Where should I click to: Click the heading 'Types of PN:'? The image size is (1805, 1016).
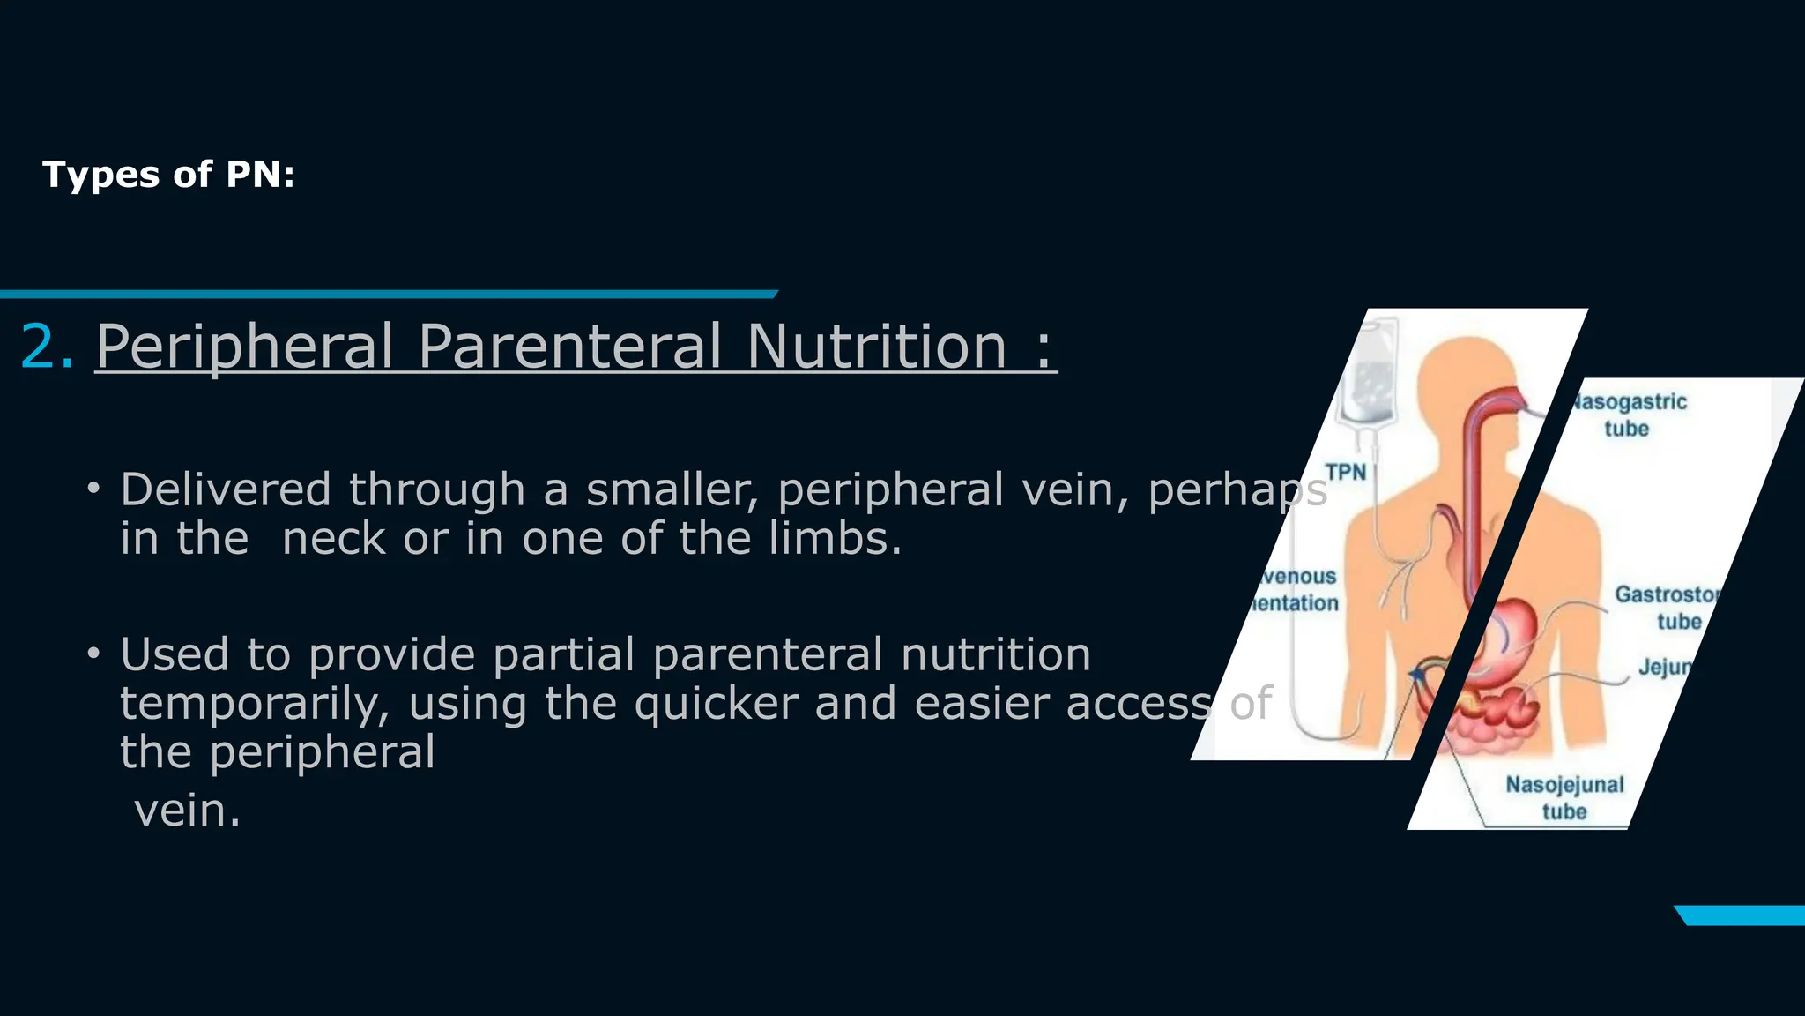(x=168, y=175)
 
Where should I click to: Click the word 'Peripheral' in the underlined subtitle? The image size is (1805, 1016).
(x=244, y=347)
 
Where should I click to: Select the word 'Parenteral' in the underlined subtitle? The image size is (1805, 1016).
(x=569, y=346)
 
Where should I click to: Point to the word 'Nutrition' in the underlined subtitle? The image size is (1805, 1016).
(x=876, y=346)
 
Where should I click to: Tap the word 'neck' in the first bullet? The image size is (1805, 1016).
(x=333, y=538)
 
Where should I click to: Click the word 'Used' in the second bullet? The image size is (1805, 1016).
(x=175, y=654)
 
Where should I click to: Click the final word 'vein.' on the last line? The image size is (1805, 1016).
(x=187, y=811)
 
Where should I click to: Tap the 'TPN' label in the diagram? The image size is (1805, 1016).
(x=1346, y=473)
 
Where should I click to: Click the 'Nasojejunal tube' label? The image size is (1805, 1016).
(x=1564, y=797)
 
